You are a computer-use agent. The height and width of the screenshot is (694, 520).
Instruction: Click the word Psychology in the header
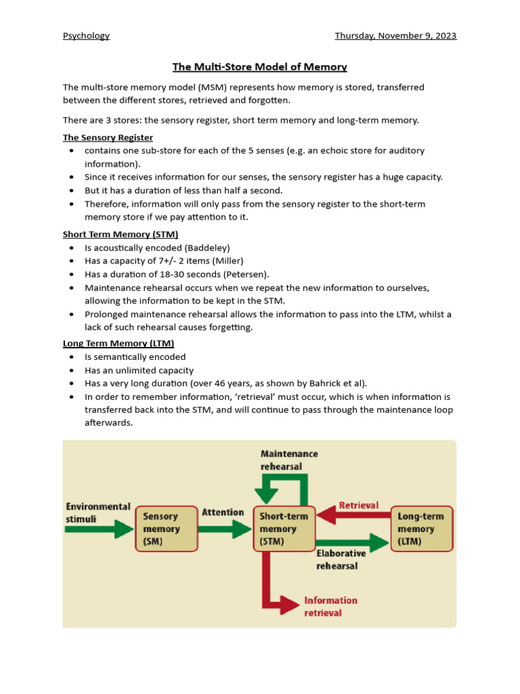click(x=86, y=36)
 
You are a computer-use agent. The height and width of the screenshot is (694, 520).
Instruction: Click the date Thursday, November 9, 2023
click(x=395, y=36)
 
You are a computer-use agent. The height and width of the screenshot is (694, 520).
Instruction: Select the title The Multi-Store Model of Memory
click(x=260, y=67)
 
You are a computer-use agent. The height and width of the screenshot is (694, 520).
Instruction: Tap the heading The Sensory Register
click(x=108, y=138)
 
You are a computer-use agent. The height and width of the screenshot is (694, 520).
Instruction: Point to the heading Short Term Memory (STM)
click(x=121, y=234)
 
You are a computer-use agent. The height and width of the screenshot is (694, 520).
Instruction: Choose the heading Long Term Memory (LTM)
click(x=118, y=344)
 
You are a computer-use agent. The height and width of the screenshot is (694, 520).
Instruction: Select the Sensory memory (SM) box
click(x=162, y=529)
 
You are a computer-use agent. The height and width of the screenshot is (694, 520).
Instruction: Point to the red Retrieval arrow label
click(x=358, y=506)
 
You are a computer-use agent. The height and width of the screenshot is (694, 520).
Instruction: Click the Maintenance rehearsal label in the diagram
click(x=289, y=460)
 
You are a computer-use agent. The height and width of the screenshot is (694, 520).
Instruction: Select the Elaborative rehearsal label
click(x=341, y=559)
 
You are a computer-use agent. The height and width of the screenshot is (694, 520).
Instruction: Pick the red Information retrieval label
click(x=330, y=606)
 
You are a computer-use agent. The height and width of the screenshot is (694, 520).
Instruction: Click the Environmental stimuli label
click(x=97, y=512)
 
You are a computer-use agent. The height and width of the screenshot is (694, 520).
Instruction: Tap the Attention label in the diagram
click(x=223, y=512)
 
